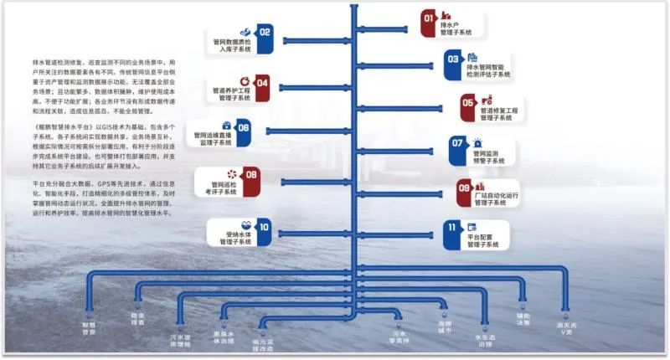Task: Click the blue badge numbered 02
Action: [265, 33]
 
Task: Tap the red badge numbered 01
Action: [429, 18]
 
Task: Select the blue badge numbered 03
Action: [452, 59]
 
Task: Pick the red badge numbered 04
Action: [262, 83]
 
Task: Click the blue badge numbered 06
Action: [244, 127]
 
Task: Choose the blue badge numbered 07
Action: [457, 143]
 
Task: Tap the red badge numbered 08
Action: [251, 175]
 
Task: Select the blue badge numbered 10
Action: [263, 226]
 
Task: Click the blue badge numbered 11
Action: [452, 228]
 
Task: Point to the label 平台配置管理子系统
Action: [482, 241]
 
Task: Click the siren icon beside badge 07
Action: [477, 143]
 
